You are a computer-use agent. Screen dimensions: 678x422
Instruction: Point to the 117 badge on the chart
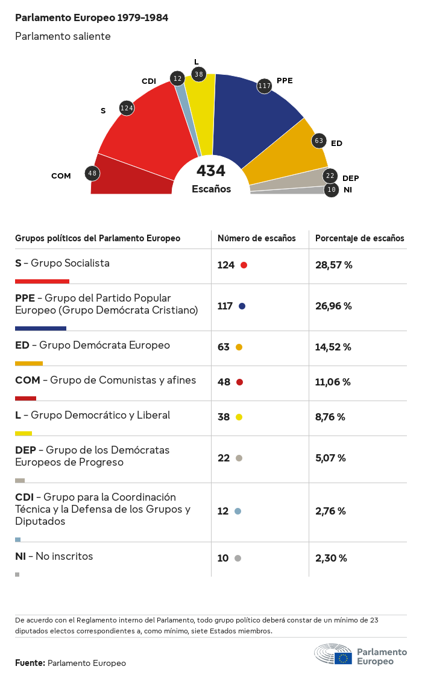pos(264,86)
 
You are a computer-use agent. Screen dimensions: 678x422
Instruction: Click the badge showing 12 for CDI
pos(177,78)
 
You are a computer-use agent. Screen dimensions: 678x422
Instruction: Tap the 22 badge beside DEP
pos(330,176)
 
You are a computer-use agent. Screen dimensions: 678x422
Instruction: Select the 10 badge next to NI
pos(331,190)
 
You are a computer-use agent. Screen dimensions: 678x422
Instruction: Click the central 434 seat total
pos(211,171)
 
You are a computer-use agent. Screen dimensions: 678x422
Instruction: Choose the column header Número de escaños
pos(256,238)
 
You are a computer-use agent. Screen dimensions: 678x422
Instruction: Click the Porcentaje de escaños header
pos(360,238)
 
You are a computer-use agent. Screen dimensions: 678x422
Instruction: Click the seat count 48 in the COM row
pos(224,382)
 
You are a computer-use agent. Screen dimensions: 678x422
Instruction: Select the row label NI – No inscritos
pos(54,556)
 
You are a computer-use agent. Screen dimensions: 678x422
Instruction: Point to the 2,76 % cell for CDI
pos(330,511)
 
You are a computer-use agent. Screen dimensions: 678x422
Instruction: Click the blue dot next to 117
pos(242,306)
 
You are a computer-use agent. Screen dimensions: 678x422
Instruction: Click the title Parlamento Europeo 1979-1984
pos(92,17)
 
